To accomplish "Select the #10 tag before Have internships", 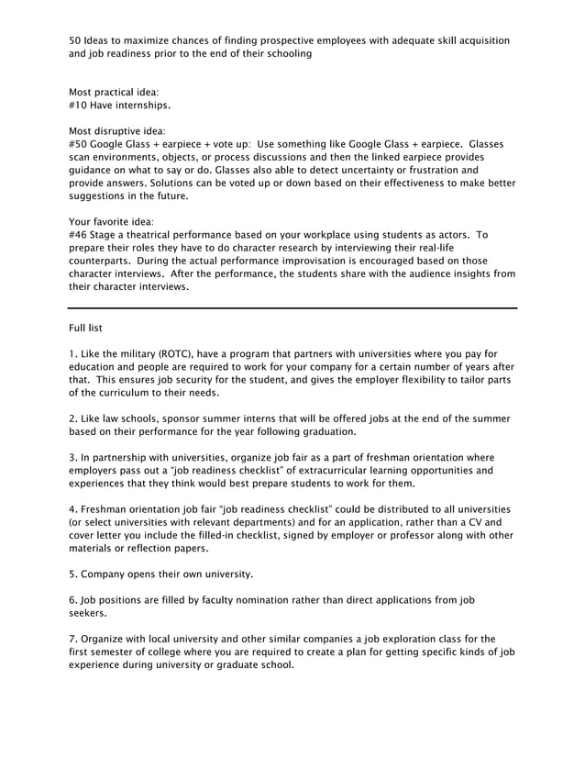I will [79, 106].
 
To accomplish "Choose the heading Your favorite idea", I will [111, 221].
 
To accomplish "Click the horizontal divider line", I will [292, 307].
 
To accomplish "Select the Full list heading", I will [90, 328].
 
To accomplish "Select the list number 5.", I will [73, 574].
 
